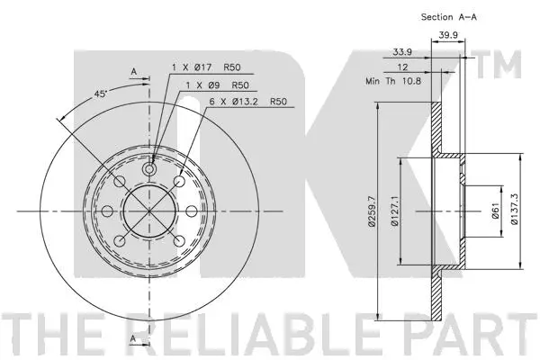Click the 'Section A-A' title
coord(449,17)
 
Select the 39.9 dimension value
coord(447,35)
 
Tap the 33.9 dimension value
coord(402,52)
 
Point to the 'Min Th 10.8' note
coord(393,81)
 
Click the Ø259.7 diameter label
coord(372,211)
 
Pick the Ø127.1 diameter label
coord(395,211)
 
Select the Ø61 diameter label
coord(496,211)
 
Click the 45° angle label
coord(101,94)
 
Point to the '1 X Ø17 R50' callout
coord(206,67)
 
